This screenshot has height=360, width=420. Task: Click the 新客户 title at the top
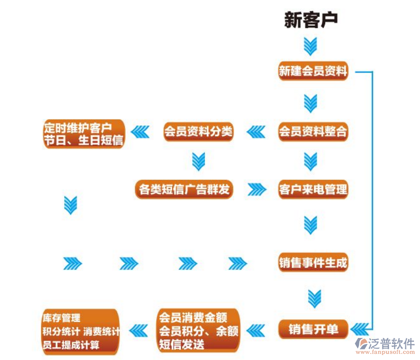(311, 20)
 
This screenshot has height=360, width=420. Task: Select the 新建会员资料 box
(313, 72)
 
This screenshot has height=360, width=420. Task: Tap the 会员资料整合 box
(313, 132)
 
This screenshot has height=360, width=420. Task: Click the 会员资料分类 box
(198, 132)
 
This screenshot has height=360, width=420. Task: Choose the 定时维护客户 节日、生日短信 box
(83, 133)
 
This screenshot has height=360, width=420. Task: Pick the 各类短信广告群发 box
(184, 190)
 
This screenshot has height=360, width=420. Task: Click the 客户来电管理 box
(313, 190)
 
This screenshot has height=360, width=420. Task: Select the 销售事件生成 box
(313, 263)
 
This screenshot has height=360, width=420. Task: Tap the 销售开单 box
(313, 329)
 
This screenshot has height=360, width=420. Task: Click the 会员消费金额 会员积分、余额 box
(199, 331)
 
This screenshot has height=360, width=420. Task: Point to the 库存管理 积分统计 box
(80, 331)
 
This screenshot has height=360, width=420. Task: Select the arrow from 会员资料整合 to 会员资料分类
(256, 132)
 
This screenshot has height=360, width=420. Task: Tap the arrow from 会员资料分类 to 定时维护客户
(141, 132)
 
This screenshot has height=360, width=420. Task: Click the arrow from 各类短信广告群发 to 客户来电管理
(257, 190)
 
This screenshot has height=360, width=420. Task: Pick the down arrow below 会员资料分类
(199, 161)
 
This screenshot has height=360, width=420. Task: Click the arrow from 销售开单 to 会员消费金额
(256, 330)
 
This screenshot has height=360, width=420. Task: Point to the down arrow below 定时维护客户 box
(71, 205)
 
